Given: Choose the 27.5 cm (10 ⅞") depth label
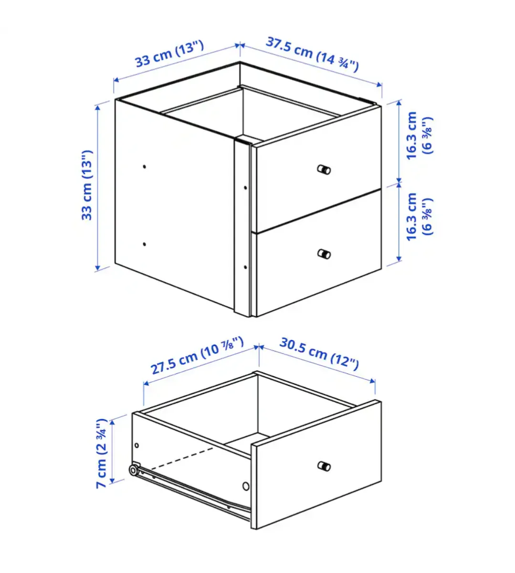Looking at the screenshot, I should (198, 356).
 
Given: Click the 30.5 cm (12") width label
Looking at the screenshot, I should (319, 353).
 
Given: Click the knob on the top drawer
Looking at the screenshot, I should (324, 170).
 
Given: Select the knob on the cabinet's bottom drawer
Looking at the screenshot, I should (324, 254).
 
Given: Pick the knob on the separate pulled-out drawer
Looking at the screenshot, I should (324, 466).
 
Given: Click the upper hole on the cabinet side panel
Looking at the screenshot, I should (145, 167).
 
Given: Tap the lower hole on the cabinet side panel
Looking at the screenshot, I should (145, 244).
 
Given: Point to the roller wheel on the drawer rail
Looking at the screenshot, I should (134, 471).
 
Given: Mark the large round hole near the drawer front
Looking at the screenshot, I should (246, 486).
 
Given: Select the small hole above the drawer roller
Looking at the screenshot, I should (137, 445).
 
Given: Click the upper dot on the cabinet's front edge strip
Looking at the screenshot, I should (245, 188).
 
